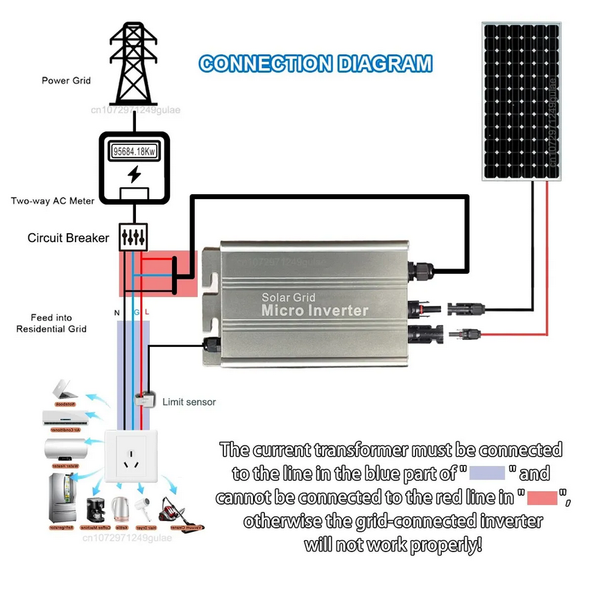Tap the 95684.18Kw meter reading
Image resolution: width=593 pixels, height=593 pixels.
point(134,151)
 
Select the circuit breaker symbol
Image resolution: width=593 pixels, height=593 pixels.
point(134,237)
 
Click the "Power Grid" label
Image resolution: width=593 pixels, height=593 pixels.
point(66,80)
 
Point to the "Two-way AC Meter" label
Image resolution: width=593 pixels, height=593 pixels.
point(53,201)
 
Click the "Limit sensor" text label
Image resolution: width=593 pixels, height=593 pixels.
point(189,402)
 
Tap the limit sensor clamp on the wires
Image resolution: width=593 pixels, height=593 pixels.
point(144,400)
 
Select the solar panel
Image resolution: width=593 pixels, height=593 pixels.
point(521,101)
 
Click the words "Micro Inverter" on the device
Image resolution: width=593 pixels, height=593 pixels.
point(314,311)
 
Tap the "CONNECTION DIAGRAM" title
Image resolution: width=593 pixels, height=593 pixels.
point(316,65)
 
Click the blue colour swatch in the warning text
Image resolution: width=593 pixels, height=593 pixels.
point(487,474)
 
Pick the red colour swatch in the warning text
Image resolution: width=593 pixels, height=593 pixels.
point(544,497)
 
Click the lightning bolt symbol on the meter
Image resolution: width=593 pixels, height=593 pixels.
point(135,173)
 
